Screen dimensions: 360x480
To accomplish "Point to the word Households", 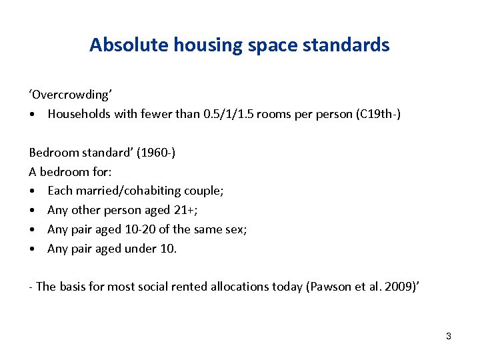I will pyautogui.click(x=78, y=114).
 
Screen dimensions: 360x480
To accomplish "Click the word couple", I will pyautogui.click(x=207, y=191).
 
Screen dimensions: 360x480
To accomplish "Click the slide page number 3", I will pyautogui.click(x=449, y=336).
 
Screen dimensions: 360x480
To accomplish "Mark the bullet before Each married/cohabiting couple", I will pyautogui.click(x=33, y=191).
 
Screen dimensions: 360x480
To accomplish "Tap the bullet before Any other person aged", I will pyautogui.click(x=33, y=211).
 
